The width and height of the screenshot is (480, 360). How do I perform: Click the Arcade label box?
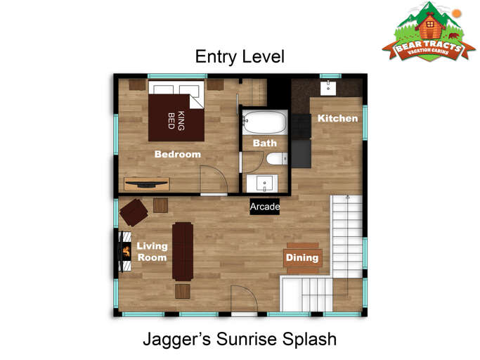(x=264, y=207)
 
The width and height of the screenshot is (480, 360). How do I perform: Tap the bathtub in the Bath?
(x=265, y=122)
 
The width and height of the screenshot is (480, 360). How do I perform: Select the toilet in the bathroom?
(x=277, y=159)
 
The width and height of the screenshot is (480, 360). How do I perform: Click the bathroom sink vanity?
(x=262, y=184)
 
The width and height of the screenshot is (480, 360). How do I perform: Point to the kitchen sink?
(x=328, y=88)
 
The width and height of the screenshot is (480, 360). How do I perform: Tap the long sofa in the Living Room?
(x=183, y=252)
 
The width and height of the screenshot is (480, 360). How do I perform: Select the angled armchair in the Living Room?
(x=134, y=212)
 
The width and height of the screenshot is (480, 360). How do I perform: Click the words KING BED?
(x=176, y=120)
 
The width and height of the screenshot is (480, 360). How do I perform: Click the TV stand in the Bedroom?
(x=147, y=184)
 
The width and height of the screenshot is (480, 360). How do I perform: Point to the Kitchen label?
(x=337, y=118)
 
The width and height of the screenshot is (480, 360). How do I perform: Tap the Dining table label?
(x=302, y=257)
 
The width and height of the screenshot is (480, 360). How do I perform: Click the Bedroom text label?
(x=178, y=154)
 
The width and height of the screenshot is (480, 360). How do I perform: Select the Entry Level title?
(x=240, y=57)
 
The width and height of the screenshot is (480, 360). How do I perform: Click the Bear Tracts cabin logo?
(x=429, y=32)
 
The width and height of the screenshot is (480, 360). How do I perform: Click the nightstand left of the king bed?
(x=137, y=84)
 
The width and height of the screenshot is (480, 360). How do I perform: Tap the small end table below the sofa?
(x=183, y=291)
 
